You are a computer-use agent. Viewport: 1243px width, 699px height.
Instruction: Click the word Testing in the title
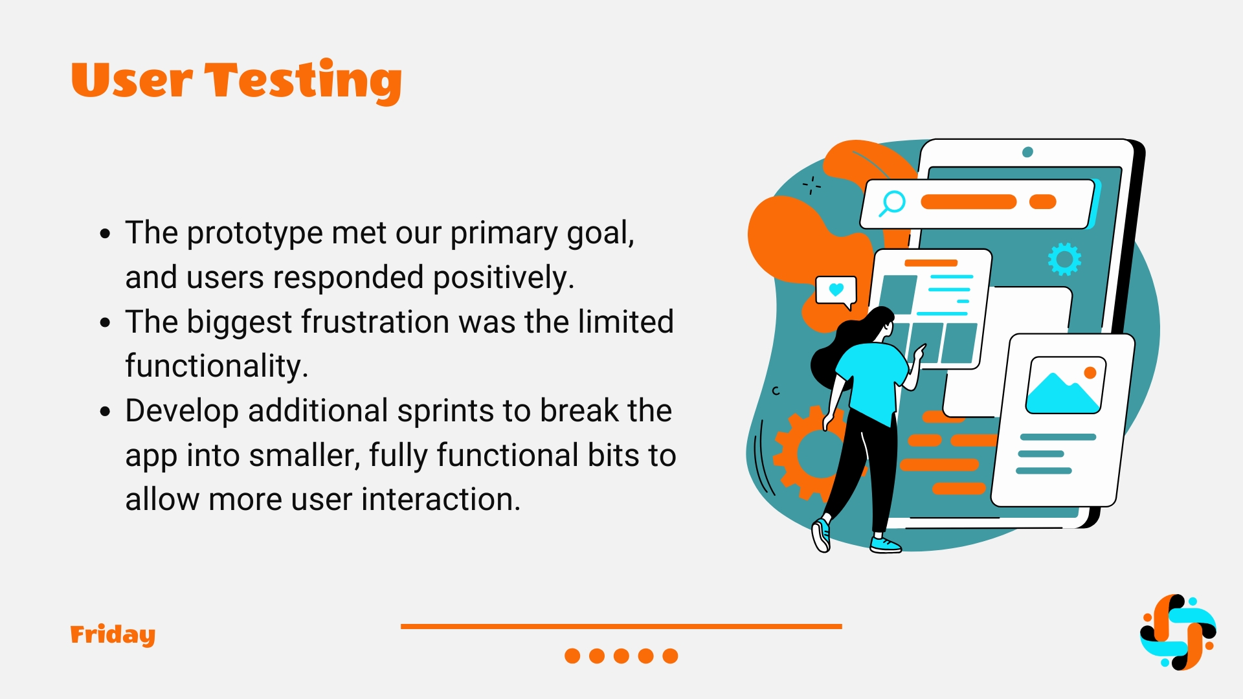point(303,81)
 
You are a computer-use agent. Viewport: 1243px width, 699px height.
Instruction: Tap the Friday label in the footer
point(113,635)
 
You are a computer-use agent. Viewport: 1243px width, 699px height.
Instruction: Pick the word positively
point(504,278)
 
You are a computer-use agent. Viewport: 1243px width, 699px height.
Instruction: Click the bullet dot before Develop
point(106,412)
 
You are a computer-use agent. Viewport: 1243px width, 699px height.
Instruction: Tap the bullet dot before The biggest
point(106,322)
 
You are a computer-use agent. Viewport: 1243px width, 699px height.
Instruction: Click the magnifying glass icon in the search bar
point(892,203)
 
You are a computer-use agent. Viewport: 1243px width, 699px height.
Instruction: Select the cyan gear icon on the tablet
point(1064,260)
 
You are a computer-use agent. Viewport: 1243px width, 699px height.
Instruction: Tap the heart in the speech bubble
point(836,289)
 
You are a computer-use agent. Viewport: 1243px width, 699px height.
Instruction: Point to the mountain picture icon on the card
point(1066,385)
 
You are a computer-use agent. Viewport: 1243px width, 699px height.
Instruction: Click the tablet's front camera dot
point(1027,152)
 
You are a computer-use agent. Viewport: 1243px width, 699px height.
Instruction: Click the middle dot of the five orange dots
point(621,656)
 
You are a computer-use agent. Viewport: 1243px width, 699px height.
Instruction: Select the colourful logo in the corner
point(1178,632)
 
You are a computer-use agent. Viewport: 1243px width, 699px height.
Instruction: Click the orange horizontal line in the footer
point(621,627)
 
